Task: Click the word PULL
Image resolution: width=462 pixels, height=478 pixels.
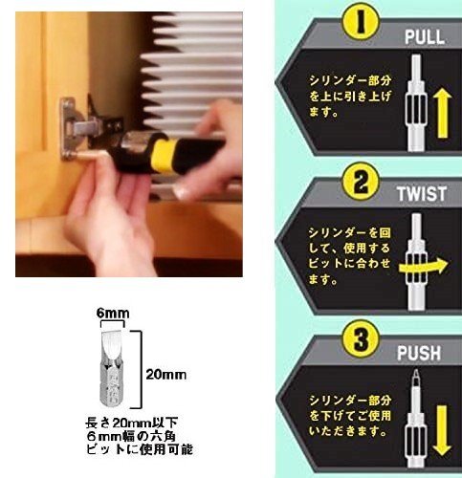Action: pyautogui.click(x=425, y=37)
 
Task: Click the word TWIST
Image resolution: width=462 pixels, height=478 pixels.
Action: pyautogui.click(x=421, y=194)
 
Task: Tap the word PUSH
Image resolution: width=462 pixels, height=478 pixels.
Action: pyautogui.click(x=419, y=353)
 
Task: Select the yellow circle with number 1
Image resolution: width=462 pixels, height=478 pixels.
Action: pyautogui.click(x=361, y=22)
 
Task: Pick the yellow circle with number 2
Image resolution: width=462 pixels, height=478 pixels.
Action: pyautogui.click(x=361, y=182)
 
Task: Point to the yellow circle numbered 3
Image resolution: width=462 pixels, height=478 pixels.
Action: pyautogui.click(x=361, y=339)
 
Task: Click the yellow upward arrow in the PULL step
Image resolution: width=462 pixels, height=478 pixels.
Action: pyautogui.click(x=443, y=113)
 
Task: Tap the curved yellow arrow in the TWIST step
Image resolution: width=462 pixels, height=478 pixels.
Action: pyautogui.click(x=424, y=267)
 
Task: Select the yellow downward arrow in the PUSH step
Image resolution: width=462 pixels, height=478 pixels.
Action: pyautogui.click(x=442, y=430)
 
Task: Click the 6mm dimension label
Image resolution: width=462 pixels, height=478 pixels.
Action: pyautogui.click(x=113, y=314)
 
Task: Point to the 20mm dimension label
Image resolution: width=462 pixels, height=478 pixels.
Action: pyautogui.click(x=165, y=375)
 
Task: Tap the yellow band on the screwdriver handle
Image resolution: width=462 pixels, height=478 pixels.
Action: pyautogui.click(x=164, y=156)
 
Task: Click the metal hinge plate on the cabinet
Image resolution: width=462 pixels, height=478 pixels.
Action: pyautogui.click(x=69, y=129)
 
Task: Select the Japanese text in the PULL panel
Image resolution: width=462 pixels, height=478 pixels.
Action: pyautogui.click(x=350, y=96)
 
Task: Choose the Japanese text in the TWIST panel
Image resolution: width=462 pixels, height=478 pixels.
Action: pyautogui.click(x=349, y=256)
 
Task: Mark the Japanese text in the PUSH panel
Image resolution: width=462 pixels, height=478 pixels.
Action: pyautogui.click(x=350, y=416)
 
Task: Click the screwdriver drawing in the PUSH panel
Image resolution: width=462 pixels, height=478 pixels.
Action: pyautogui.click(x=417, y=418)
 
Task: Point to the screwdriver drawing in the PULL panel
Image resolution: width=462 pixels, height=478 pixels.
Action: pyautogui.click(x=417, y=102)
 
